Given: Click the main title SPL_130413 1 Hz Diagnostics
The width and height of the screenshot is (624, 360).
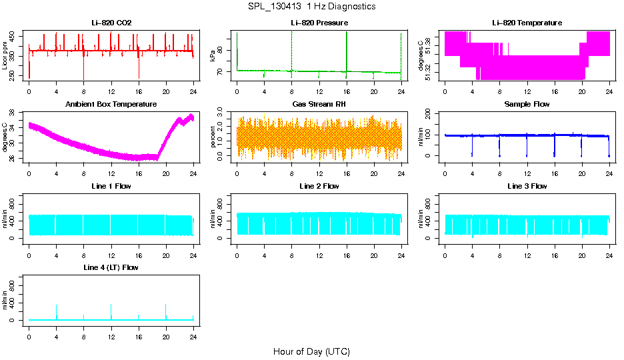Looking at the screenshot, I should point(311,7).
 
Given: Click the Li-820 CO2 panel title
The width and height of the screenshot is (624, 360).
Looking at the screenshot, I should point(111,23).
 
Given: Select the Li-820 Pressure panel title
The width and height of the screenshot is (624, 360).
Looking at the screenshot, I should point(319,23).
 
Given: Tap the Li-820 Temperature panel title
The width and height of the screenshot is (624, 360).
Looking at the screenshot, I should point(527,23).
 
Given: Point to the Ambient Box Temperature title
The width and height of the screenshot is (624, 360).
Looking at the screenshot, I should point(111,105).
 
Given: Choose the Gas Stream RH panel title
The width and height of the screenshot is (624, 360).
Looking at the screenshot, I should point(319,105).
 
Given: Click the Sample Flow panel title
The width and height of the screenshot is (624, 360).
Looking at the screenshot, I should point(527,105).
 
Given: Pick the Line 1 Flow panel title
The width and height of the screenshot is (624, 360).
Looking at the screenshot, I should point(111,186).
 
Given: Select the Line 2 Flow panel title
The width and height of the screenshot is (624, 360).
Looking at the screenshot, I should point(319,186).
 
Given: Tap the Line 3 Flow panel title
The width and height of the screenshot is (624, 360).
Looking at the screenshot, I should point(527,186).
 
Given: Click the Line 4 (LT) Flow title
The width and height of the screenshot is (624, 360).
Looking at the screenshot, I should point(111,267).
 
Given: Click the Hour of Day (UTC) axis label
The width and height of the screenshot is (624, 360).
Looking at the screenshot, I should point(311,351).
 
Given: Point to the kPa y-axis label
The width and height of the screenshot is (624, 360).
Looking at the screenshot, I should point(213,56).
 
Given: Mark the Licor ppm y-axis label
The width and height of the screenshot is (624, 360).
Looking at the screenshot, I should point(5,56).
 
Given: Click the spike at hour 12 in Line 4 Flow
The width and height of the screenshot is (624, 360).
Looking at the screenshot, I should point(111,305).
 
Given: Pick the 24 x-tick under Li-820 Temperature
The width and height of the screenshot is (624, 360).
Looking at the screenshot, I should point(609,91).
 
